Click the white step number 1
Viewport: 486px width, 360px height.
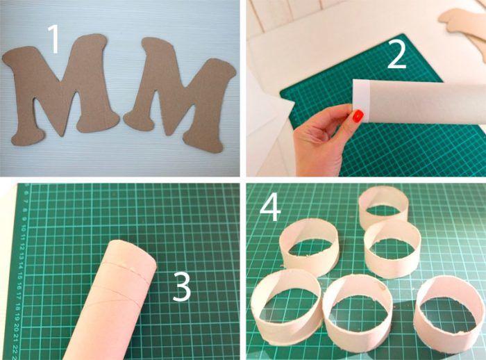[54, 39]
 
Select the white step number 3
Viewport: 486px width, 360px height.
[182, 287]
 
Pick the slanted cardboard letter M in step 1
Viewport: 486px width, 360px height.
[180, 93]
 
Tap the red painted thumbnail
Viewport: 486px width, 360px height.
[358, 116]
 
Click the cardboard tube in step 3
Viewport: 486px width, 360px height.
[112, 298]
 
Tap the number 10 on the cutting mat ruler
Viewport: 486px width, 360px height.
[24, 229]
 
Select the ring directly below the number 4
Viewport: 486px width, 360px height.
[310, 247]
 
